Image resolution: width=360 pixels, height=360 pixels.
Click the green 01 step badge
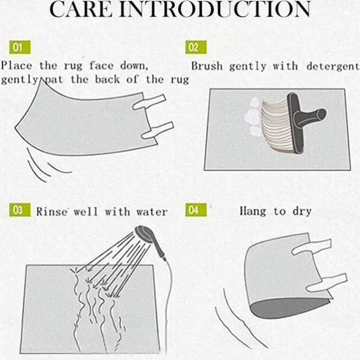point(19,47)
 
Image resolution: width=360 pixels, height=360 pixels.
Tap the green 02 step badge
point(196,47)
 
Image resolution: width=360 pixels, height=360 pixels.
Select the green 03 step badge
point(19,210)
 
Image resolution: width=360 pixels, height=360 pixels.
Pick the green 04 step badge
point(196,210)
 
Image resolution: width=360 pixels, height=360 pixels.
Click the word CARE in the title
point(81,9)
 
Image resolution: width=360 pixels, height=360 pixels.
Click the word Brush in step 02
point(207,66)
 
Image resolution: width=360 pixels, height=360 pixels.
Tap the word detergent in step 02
point(333,66)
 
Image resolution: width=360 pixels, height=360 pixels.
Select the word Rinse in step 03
point(52,211)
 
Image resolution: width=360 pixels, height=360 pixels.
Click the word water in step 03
point(152,212)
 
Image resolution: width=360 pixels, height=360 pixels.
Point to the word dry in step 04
point(302,212)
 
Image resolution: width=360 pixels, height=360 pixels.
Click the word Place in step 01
point(17,66)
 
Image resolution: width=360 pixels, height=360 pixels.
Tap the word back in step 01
point(107,79)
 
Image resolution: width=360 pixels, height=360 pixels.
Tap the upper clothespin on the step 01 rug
point(149,102)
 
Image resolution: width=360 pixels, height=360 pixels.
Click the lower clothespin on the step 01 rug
point(158,130)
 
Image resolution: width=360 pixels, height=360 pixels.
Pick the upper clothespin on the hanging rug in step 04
point(312,247)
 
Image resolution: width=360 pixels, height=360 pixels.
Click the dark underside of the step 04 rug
point(289,307)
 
